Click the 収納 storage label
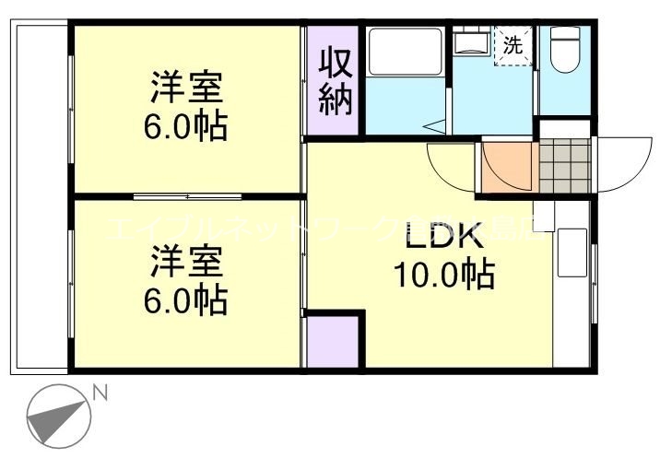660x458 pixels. (x=336, y=81)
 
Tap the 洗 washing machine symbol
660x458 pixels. (x=513, y=44)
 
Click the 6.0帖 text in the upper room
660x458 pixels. (x=185, y=126)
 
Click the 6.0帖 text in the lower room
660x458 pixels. (x=185, y=299)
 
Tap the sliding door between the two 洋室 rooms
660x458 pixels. (x=187, y=196)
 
